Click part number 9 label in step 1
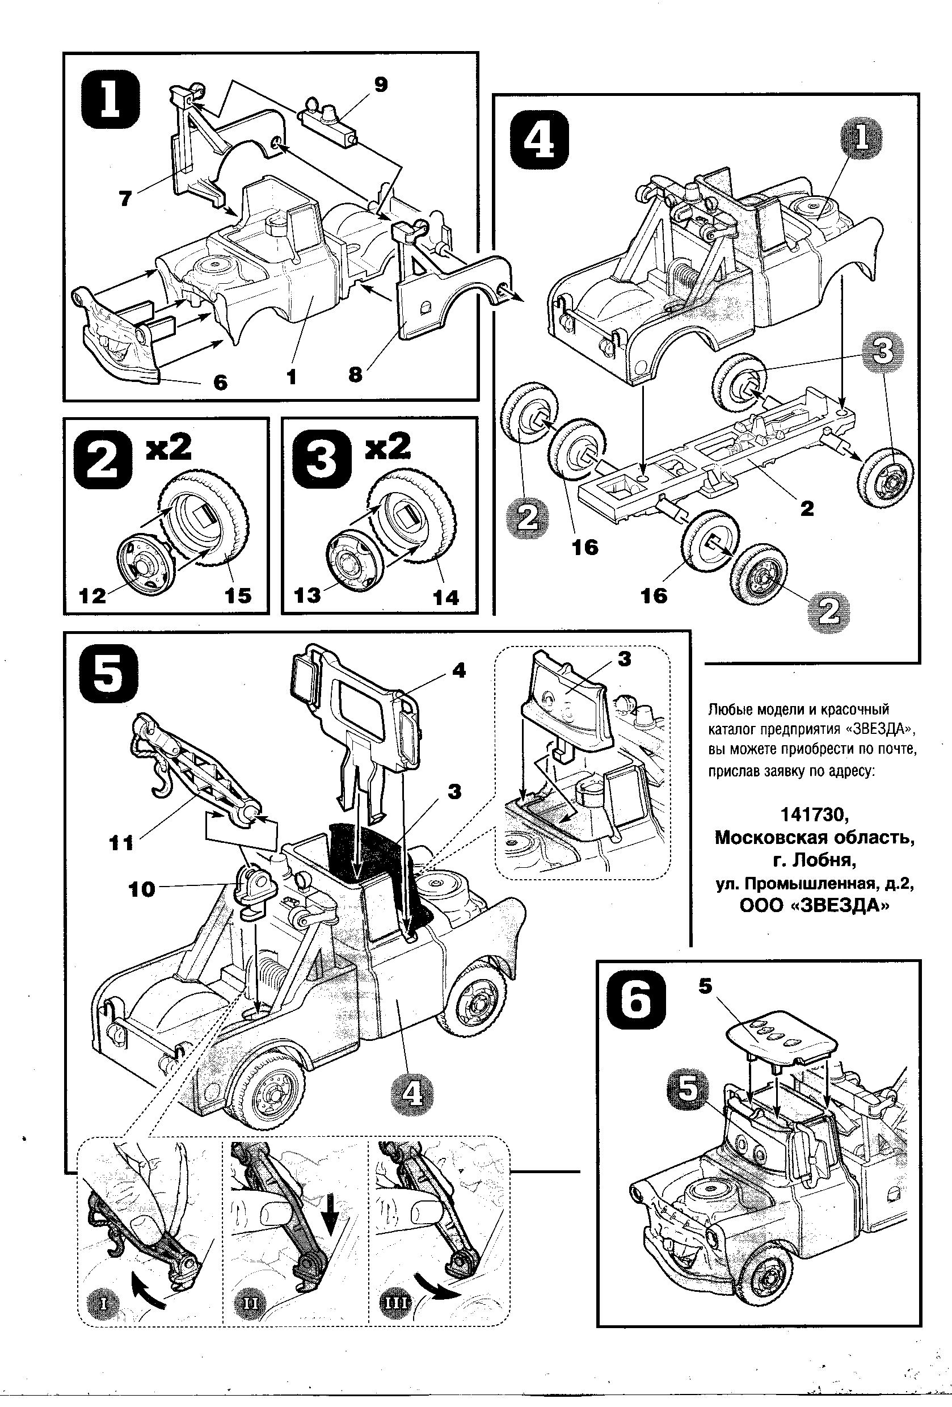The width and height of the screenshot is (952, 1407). click(x=380, y=85)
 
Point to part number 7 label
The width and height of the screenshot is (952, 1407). click(x=125, y=198)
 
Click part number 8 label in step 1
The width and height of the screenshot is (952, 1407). click(x=355, y=374)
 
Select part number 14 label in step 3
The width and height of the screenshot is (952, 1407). click(x=446, y=598)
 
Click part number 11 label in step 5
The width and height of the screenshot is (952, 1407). click(x=121, y=842)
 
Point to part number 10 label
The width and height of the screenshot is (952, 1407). click(x=142, y=889)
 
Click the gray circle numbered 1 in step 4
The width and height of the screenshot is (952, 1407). click(x=860, y=138)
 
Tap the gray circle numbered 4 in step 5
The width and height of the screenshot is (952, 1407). click(x=411, y=1093)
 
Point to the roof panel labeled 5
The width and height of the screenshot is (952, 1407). click(x=780, y=1036)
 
